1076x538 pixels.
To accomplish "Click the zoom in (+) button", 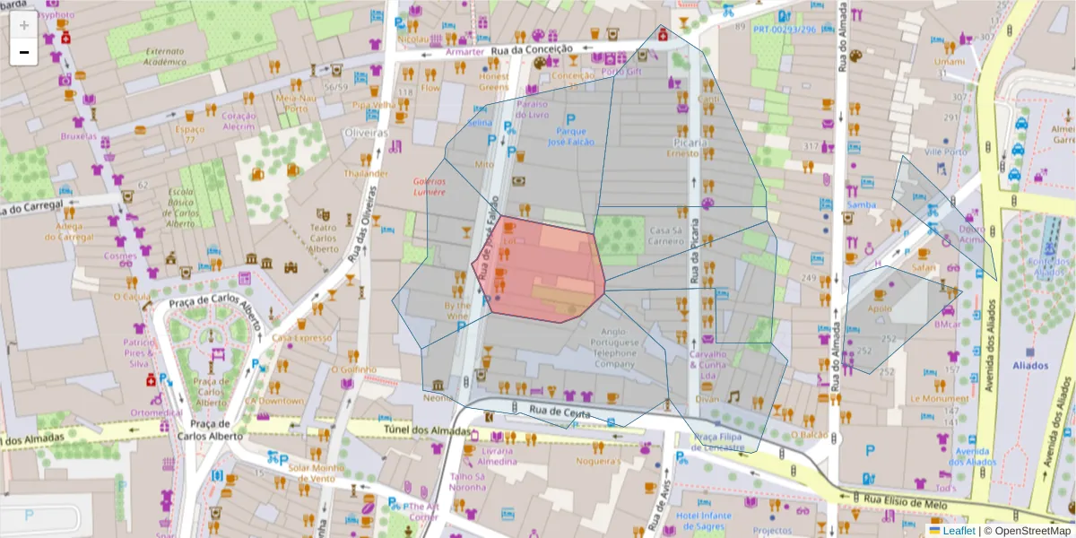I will [x=24, y=25].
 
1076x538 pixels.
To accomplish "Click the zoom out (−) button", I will [x=24, y=52].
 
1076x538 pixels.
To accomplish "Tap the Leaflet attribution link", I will [x=958, y=531].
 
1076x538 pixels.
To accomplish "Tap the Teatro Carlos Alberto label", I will [x=323, y=238].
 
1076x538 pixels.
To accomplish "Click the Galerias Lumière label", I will [x=430, y=187].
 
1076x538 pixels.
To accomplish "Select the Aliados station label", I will [x=1029, y=366].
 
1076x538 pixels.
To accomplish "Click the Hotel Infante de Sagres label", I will [x=704, y=522].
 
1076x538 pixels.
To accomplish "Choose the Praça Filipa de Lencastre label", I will [x=719, y=442].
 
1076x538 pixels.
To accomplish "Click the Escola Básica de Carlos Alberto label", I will [x=180, y=207].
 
